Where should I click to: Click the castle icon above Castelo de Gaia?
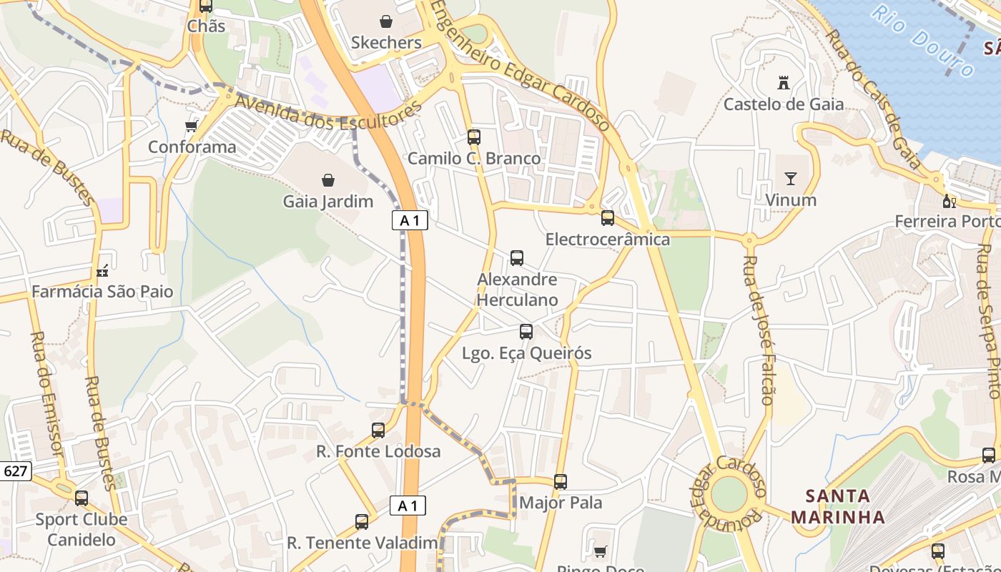[784, 83]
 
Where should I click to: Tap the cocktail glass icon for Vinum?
[791, 179]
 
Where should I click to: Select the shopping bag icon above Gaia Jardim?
[328, 179]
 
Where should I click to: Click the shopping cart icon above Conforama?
[191, 127]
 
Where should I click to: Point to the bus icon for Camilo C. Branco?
[474, 137]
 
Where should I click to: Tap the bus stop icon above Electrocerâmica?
[608, 218]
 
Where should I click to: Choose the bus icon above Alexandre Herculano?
[517, 258]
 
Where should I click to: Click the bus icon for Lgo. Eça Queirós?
[526, 332]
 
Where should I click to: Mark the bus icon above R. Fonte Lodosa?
[378, 430]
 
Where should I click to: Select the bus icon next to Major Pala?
[561, 482]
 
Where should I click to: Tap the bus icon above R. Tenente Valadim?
[362, 522]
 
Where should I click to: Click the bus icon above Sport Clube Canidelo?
[82, 498]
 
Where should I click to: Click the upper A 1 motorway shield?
[410, 220]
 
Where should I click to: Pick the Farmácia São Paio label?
[102, 292]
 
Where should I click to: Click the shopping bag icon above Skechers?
[386, 22]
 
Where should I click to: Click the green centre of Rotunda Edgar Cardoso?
[729, 494]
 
